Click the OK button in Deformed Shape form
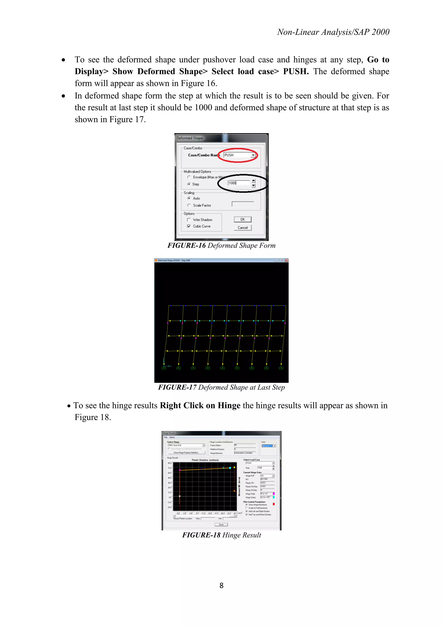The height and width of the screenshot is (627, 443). pyautogui.click(x=242, y=220)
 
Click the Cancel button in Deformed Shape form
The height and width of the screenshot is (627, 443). pyautogui.click(x=242, y=228)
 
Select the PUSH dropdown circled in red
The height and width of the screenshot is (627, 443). pyautogui.click(x=239, y=155)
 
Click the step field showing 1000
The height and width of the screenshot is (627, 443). pyautogui.click(x=238, y=183)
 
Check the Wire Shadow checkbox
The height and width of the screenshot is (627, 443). pyautogui.click(x=189, y=220)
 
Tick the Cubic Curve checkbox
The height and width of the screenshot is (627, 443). pyautogui.click(x=189, y=226)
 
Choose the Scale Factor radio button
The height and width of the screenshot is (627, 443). pyautogui.click(x=189, y=205)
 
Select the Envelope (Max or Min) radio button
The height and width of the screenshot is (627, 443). pyautogui.click(x=189, y=177)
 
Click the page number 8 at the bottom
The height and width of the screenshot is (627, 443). pyautogui.click(x=221, y=585)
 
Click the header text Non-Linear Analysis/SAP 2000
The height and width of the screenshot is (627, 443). pyautogui.click(x=333, y=32)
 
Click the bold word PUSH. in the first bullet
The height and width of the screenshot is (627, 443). pyautogui.click(x=296, y=71)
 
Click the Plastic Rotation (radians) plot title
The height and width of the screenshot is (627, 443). pyautogui.click(x=205, y=460)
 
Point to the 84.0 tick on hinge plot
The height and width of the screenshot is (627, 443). pyautogui.click(x=169, y=463)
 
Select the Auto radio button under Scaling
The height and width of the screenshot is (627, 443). pyautogui.click(x=189, y=198)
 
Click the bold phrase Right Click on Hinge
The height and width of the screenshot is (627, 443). pyautogui.click(x=200, y=406)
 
